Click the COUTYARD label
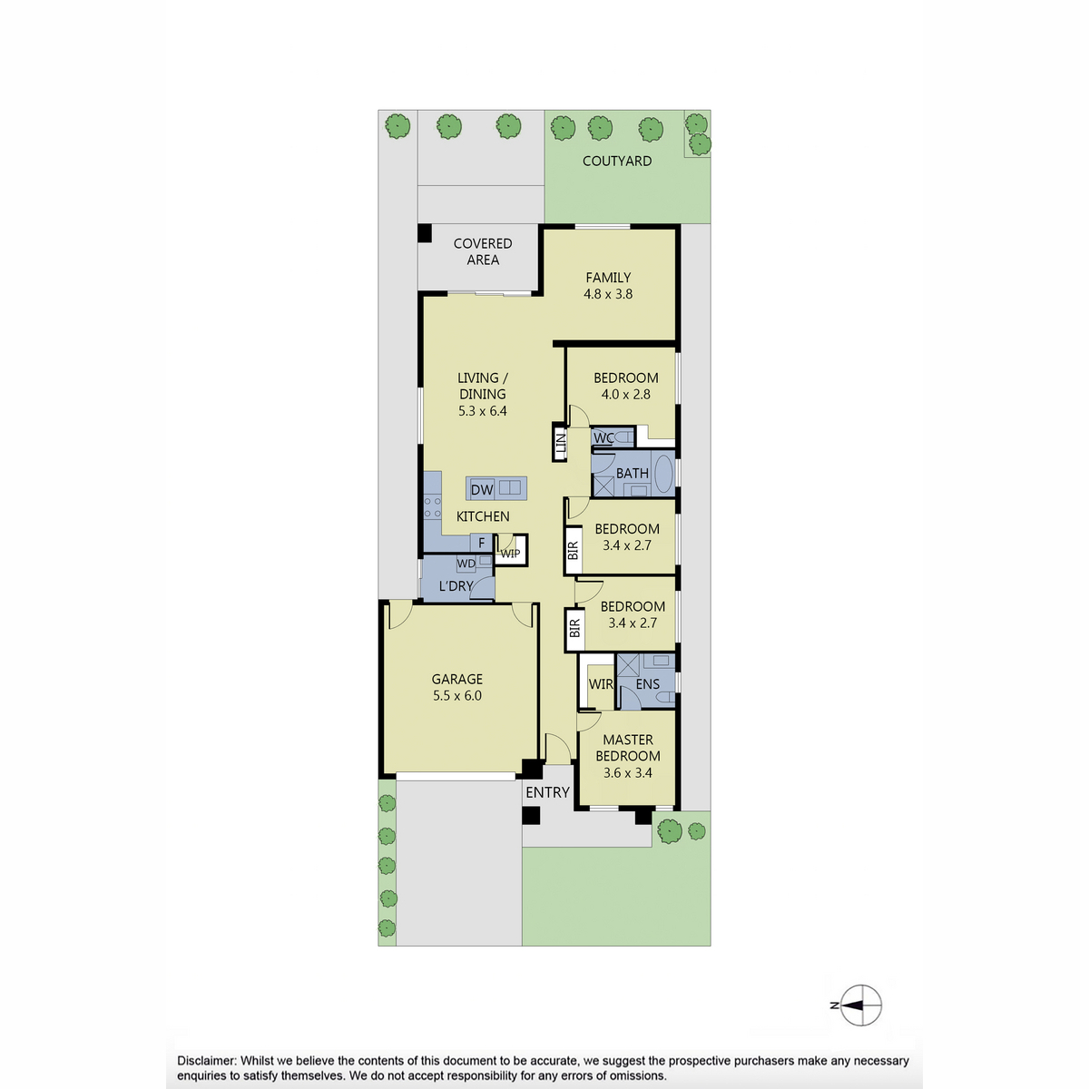(616, 161)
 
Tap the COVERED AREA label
(483, 251)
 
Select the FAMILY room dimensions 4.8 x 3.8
(608, 294)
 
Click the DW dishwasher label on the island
(482, 489)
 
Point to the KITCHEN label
(483, 516)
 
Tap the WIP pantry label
(510, 554)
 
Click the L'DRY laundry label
(456, 586)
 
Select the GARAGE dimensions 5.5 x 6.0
(457, 696)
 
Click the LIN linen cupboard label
(561, 444)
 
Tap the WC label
(603, 438)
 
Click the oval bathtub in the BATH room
(663, 474)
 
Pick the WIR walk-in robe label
(601, 684)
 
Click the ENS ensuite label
(648, 684)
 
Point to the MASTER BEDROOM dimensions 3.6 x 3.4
(627, 772)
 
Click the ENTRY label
(547, 792)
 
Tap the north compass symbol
(860, 1006)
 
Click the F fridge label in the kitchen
(482, 543)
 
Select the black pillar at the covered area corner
(425, 233)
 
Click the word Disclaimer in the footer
(207, 1061)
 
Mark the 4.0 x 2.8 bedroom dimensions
(625, 395)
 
